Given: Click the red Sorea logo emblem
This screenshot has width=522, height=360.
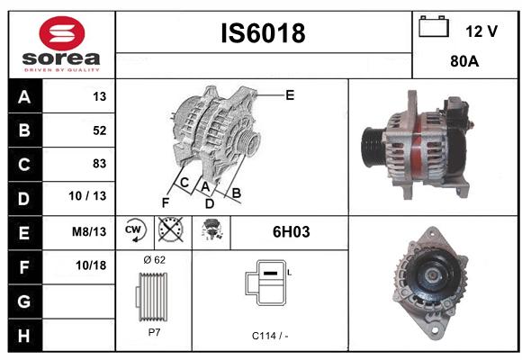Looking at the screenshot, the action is (x=62, y=33).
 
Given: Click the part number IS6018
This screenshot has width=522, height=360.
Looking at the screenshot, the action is (x=263, y=33).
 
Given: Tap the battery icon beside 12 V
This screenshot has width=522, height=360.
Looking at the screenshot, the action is (x=434, y=26).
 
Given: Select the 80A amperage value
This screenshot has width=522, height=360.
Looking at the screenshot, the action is (x=464, y=61).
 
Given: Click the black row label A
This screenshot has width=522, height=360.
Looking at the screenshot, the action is (x=24, y=97).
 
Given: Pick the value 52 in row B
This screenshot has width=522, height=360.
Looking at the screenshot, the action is (x=100, y=130).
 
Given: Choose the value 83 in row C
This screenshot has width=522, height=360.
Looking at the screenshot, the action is (x=100, y=164).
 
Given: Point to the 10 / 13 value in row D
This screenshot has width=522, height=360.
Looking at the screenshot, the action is (x=87, y=196).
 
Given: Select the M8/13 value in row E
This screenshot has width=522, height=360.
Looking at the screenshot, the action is (x=89, y=231).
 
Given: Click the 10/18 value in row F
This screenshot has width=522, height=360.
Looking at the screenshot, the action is (x=91, y=265).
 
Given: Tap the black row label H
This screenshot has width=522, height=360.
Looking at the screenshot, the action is (x=24, y=336).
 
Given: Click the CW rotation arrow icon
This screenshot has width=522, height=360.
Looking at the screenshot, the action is (x=135, y=229).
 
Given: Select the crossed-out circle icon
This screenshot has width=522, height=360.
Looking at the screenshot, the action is (x=171, y=229).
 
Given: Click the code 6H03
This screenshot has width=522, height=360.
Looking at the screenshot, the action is (x=292, y=232).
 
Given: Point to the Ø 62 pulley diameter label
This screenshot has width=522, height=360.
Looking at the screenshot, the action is (x=155, y=260).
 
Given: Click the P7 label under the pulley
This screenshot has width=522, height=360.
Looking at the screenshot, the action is (x=154, y=332).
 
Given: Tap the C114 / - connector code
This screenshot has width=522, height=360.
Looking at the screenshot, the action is (x=270, y=336).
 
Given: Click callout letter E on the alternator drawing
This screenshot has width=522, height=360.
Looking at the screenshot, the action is (x=290, y=95).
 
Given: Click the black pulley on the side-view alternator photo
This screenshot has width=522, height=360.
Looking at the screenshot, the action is (x=373, y=147).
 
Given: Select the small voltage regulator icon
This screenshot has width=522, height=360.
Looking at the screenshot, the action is (x=211, y=229).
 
